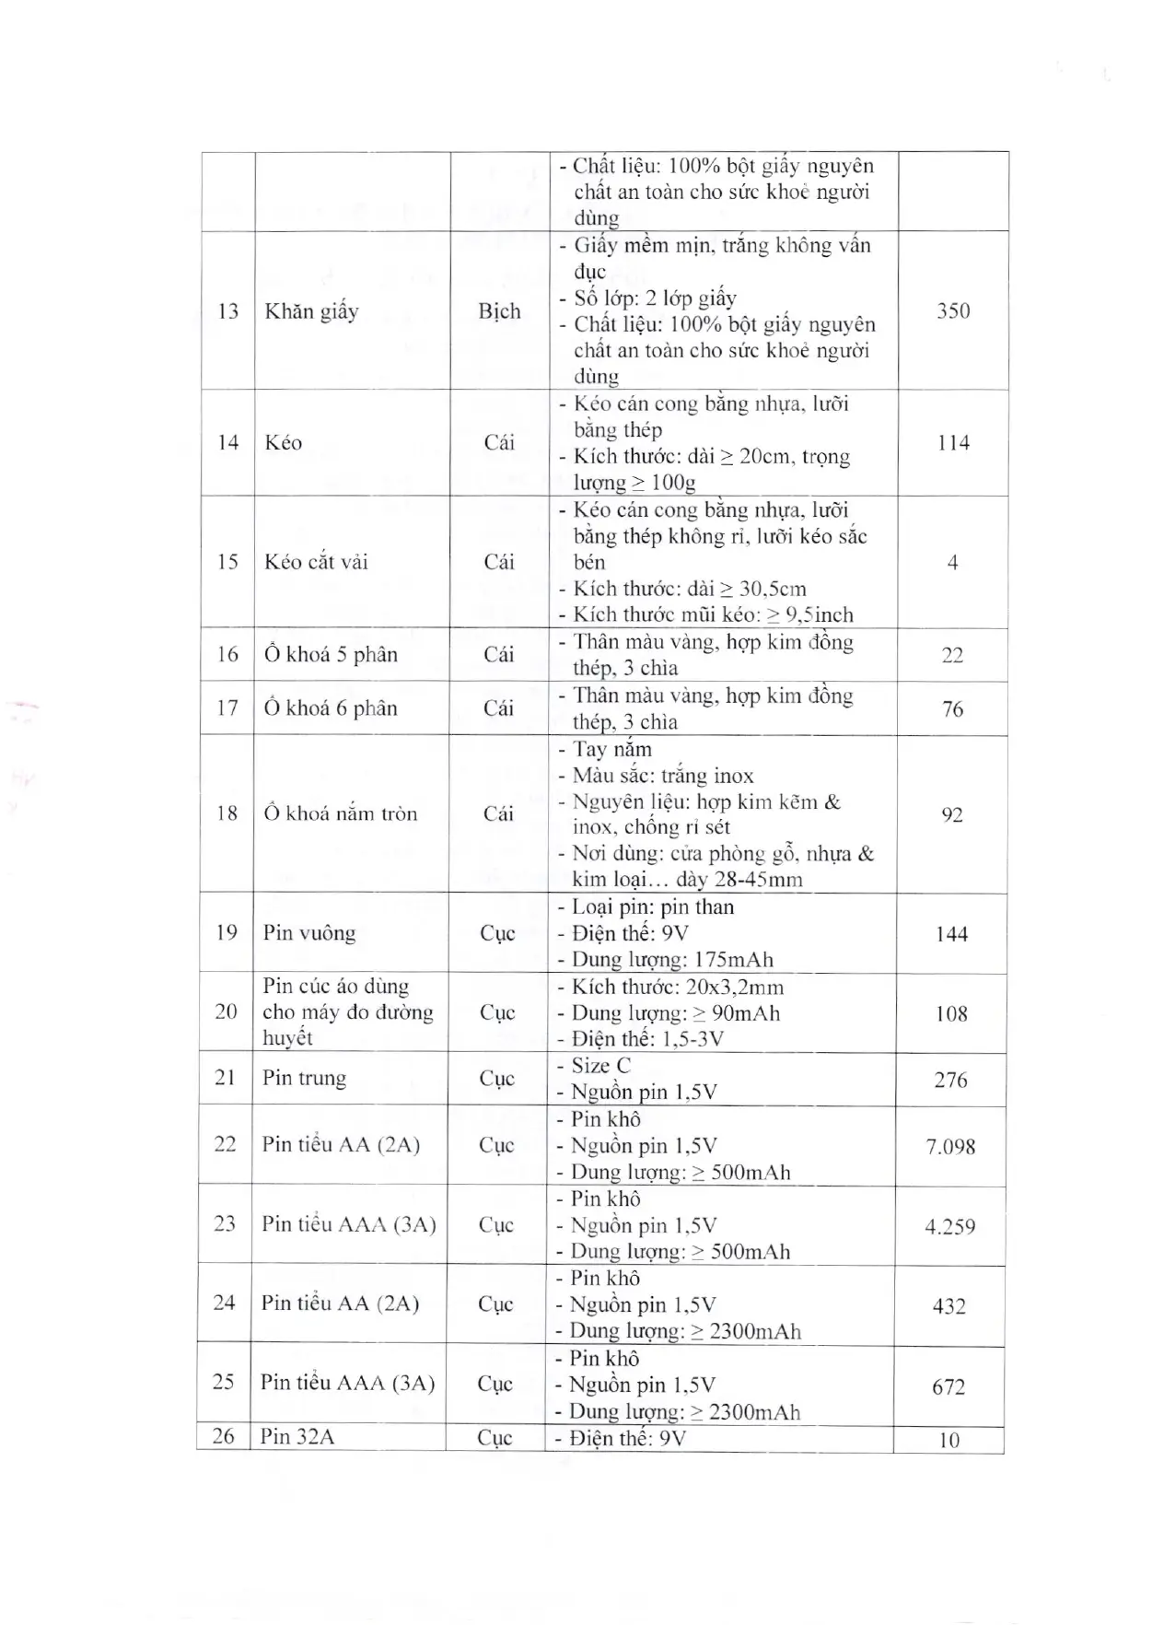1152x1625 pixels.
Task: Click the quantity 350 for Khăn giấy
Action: pos(953,310)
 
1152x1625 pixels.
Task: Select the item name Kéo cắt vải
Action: pos(316,562)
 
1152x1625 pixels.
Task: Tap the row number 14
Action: pos(227,443)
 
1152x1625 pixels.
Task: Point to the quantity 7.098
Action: pos(950,1147)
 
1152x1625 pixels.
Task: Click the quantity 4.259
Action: pos(949,1226)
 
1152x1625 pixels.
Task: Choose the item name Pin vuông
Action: pos(309,933)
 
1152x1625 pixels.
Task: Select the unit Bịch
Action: pos(499,311)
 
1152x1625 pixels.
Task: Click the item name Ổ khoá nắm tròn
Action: pos(341,813)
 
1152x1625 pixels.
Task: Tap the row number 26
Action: pos(224,1436)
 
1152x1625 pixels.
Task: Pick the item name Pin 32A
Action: pos(297,1436)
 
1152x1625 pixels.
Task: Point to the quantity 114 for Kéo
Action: pos(953,443)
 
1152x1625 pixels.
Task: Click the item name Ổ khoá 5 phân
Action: pos(331,655)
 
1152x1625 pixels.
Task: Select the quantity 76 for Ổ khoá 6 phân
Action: pos(953,708)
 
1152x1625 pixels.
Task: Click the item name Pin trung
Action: pos(305,1078)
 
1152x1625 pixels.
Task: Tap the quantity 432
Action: pos(948,1306)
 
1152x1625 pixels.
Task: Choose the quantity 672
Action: pos(948,1386)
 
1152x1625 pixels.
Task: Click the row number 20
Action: pos(226,1011)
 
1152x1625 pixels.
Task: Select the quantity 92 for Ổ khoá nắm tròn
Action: pos(952,814)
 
